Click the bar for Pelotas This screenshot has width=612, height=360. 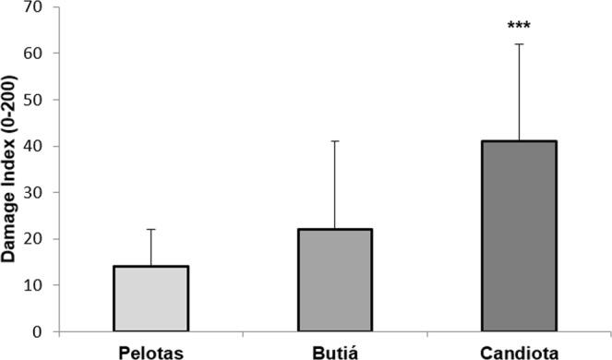coord(150,297)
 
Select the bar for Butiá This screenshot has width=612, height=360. coord(334,279)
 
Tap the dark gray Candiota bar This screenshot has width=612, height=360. coord(519,235)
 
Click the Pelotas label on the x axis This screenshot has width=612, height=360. coord(150,351)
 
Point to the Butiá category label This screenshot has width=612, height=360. coord(334,351)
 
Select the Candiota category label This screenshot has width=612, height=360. coord(519,351)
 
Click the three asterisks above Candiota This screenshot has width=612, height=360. coord(519,26)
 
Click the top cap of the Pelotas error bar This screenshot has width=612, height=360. coord(150,230)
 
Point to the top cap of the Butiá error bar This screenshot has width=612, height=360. coord(334,141)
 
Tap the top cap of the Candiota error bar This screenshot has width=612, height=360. coord(519,44)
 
